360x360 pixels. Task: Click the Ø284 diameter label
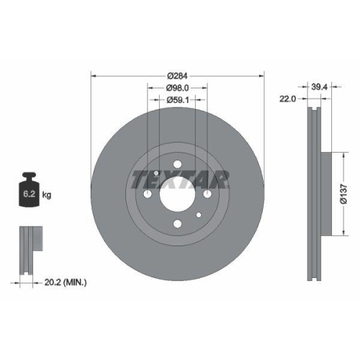pos(177,76)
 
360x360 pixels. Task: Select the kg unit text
pos(47,195)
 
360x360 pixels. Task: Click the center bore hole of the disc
pos(177,193)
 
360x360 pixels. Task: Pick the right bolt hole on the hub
pos(207,193)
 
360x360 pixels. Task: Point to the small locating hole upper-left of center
pos(156,172)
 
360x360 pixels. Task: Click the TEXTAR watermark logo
pos(181,179)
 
